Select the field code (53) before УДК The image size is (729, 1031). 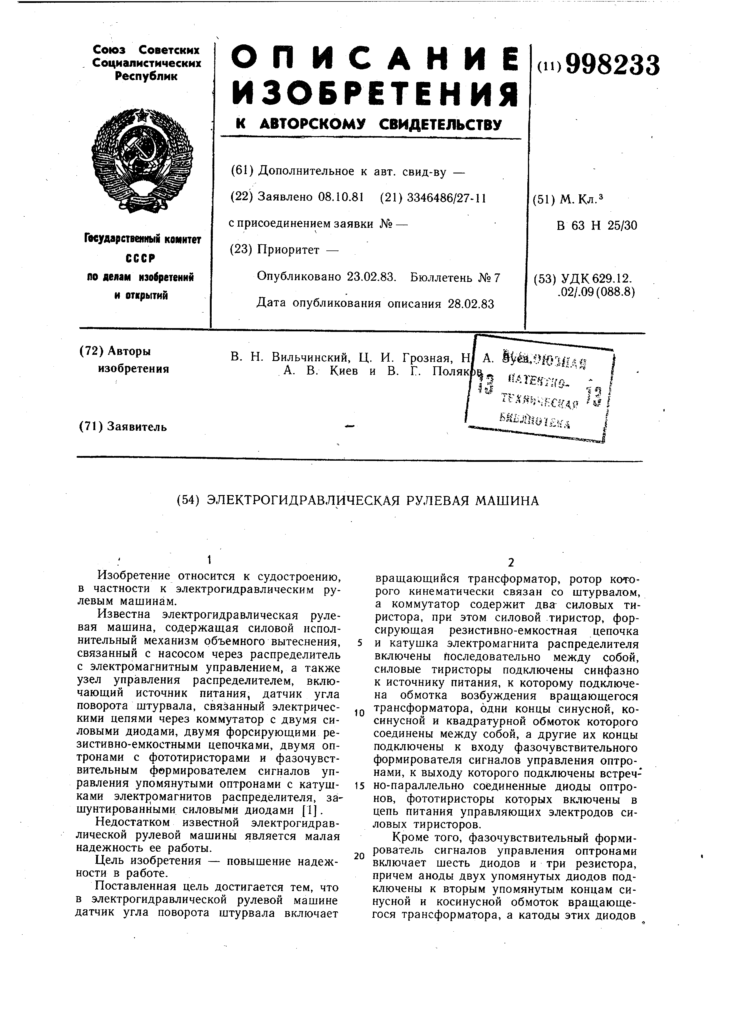coord(544,279)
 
